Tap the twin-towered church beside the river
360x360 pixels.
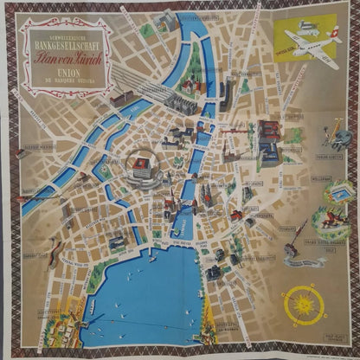tap(208, 198)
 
